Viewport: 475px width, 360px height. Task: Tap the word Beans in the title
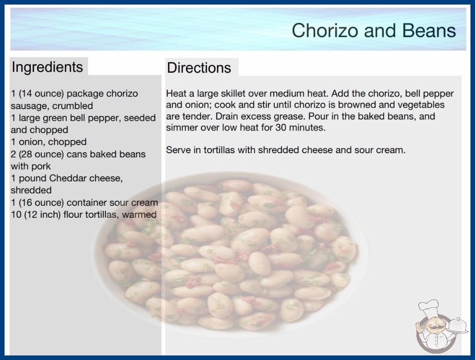[x=429, y=30]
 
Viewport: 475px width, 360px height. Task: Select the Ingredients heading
[x=47, y=67]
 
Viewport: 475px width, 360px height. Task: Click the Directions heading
[x=199, y=68]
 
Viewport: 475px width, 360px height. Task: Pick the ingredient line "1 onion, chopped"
[x=49, y=142]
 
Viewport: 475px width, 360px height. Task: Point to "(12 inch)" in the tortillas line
[x=42, y=215]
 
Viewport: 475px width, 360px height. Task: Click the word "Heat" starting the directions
[x=176, y=94]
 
